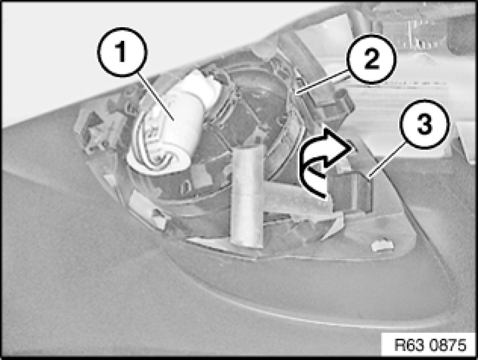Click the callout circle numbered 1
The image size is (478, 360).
122,52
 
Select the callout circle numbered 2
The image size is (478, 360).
371,59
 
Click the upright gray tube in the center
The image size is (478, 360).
247,194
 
